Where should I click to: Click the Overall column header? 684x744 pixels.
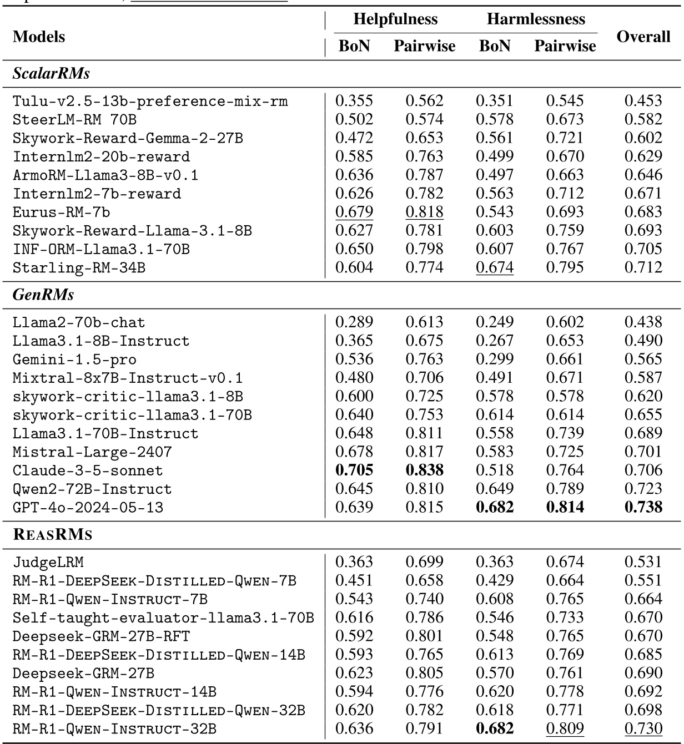pos(643,37)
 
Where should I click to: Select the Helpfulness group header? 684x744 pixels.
pos(395,19)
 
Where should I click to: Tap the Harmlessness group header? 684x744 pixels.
pos(536,19)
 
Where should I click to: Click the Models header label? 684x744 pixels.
pos(39,37)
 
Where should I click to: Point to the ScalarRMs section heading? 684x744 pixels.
pos(51,73)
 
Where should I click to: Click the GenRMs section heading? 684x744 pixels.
pos(43,295)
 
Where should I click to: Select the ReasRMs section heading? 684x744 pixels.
pos(52,535)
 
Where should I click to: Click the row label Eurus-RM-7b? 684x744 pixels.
pos(62,212)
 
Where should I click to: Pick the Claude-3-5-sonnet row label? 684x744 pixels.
pos(88,470)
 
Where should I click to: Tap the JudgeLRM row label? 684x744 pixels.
pos(48,562)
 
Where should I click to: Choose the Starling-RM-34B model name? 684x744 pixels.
pos(79,267)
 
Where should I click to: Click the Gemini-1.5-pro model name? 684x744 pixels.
pos(74,360)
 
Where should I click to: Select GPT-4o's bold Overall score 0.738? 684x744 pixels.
pos(643,507)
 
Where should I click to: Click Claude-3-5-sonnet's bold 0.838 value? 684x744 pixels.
pos(424,470)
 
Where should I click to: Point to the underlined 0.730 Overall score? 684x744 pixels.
pos(643,728)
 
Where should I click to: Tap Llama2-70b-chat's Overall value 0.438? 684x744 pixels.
pos(643,322)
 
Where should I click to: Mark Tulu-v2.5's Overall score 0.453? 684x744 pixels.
pos(643,101)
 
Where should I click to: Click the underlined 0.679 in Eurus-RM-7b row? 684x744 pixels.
pos(354,212)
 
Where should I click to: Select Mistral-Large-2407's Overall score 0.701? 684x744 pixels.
pos(643,452)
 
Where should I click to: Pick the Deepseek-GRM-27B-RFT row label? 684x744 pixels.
pos(101,636)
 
